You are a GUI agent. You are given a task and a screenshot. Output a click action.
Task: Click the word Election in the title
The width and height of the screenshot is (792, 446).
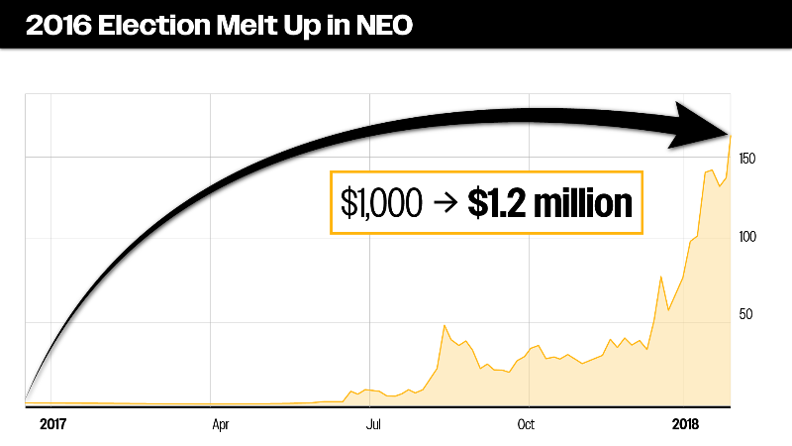tap(157, 26)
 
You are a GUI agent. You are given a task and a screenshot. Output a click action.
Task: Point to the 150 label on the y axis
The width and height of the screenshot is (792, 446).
tap(748, 160)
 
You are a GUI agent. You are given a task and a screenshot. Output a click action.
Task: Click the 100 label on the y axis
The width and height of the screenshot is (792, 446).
tap(748, 237)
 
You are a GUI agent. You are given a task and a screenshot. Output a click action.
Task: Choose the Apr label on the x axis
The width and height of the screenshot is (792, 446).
tap(222, 424)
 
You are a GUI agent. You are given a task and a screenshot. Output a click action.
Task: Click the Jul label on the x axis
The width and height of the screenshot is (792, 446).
tap(374, 424)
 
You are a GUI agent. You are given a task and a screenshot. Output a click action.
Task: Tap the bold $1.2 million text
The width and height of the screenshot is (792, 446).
tap(549, 203)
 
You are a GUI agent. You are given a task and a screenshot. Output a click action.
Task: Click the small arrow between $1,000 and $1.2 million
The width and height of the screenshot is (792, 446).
tap(443, 204)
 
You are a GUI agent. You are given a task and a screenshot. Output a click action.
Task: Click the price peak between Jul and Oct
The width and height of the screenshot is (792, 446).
tap(445, 325)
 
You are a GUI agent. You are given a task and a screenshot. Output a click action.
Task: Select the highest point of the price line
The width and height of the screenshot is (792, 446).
tap(731, 135)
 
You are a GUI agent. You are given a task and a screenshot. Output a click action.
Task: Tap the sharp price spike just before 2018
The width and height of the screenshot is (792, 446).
tap(660, 277)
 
